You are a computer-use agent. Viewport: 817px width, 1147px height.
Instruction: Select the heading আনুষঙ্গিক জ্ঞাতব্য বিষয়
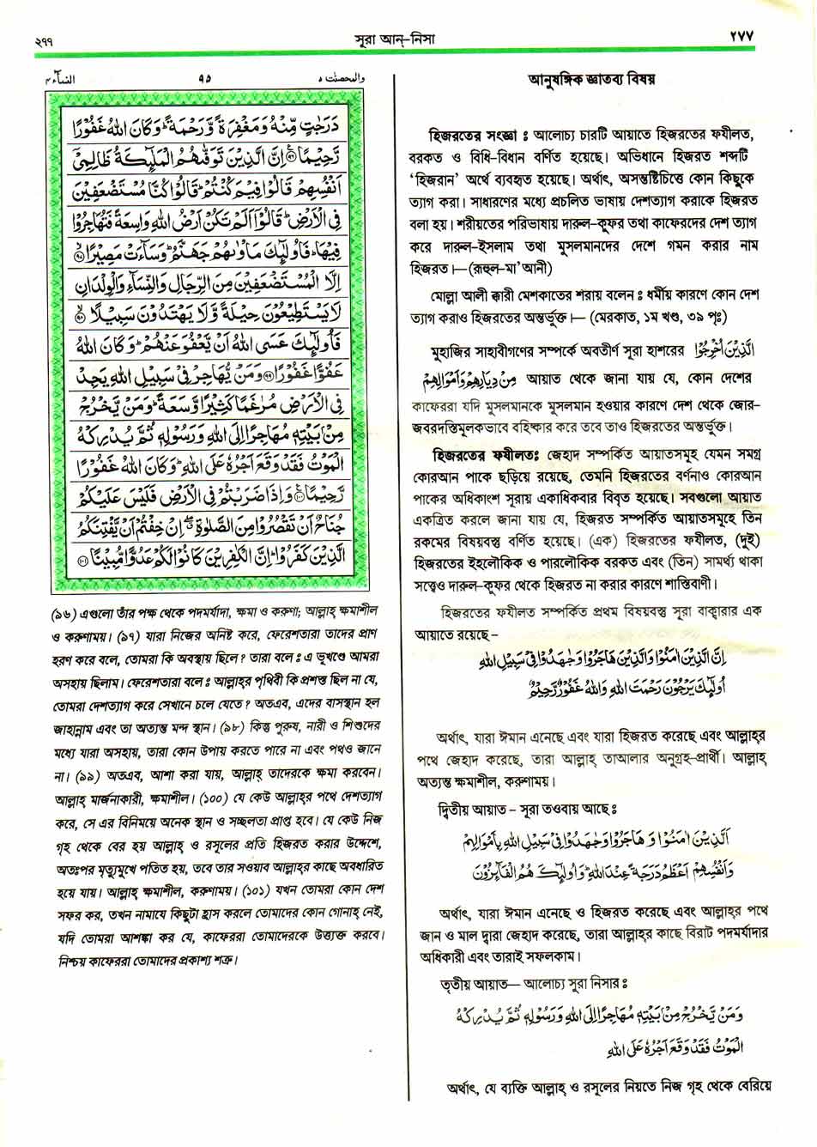coord(591,82)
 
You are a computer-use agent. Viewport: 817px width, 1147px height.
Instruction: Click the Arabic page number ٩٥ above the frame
coord(203,79)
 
